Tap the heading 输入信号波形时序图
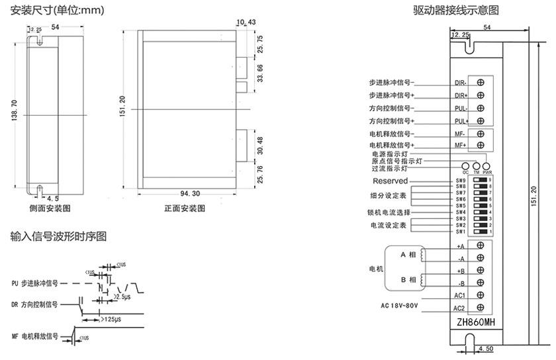pyautogui.click(x=58, y=236)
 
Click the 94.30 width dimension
pyautogui.click(x=190, y=193)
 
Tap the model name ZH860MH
pyautogui.click(x=475, y=322)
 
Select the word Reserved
pyautogui.click(x=391, y=181)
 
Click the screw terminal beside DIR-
pyautogui.click(x=481, y=83)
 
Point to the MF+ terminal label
pyautogui.click(x=460, y=145)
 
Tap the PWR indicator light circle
pyautogui.click(x=486, y=166)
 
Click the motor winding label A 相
pyautogui.click(x=408, y=255)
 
